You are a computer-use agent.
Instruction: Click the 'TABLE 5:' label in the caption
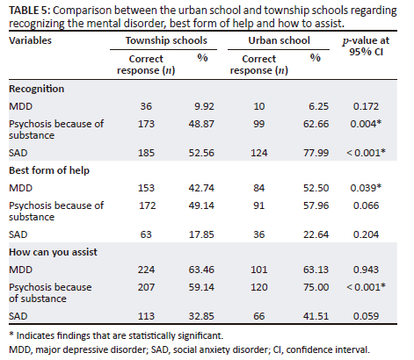[x=30, y=11]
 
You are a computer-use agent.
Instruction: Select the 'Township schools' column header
[x=166, y=40]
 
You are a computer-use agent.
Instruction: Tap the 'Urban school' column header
[x=279, y=40]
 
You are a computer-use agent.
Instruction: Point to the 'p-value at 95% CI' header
[x=366, y=46]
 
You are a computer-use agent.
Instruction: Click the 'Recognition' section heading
[x=36, y=89]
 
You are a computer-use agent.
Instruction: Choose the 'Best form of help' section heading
[x=49, y=170]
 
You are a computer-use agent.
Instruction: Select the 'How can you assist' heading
[x=53, y=252]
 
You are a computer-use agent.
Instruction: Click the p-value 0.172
[x=366, y=106]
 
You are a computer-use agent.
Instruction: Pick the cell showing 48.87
[x=201, y=124]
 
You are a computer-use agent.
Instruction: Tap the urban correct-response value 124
[x=259, y=153]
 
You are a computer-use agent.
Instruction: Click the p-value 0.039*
[x=366, y=188]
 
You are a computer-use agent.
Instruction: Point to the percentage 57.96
[x=316, y=205]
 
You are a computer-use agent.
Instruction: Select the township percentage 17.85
[x=201, y=234]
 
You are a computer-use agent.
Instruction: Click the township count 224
[x=146, y=270]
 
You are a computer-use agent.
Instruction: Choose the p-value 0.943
[x=366, y=270]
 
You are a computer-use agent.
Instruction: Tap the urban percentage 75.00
[x=316, y=287]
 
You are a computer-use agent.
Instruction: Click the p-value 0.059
[x=366, y=316]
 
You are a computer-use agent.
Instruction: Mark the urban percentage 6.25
[x=318, y=106]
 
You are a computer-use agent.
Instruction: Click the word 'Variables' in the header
[x=30, y=40]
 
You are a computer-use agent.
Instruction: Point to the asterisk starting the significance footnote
[x=11, y=334]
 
